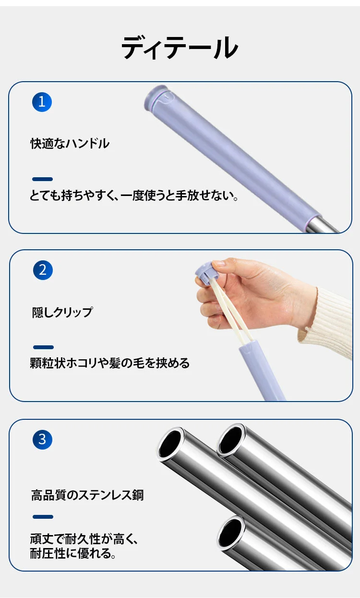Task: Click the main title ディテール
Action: pyautogui.click(x=180, y=48)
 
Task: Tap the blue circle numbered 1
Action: pyautogui.click(x=42, y=102)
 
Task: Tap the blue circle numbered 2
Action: pyautogui.click(x=43, y=270)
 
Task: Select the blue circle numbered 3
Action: pyautogui.click(x=42, y=439)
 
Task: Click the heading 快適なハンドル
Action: pyautogui.click(x=70, y=144)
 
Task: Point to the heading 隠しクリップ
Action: pyautogui.click(x=62, y=312)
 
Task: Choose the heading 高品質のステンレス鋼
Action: pyautogui.click(x=87, y=495)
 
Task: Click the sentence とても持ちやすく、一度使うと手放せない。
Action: pyautogui.click(x=134, y=195)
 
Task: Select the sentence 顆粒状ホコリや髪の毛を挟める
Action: pyautogui.click(x=110, y=363)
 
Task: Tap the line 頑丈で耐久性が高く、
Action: pyautogui.click(x=84, y=538)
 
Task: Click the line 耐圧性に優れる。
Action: pyautogui.click(x=73, y=553)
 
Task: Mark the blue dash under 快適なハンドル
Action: pyautogui.click(x=42, y=179)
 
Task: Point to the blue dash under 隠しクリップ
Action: pyautogui.click(x=44, y=347)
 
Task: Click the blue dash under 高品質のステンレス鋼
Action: pyautogui.click(x=43, y=517)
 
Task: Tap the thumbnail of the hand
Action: pyautogui.click(x=219, y=264)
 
